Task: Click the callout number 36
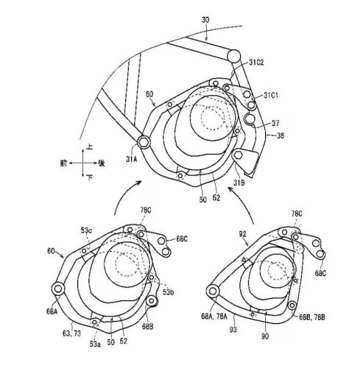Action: (280, 135)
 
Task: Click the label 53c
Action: (87, 231)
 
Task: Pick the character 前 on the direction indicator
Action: (65, 161)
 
